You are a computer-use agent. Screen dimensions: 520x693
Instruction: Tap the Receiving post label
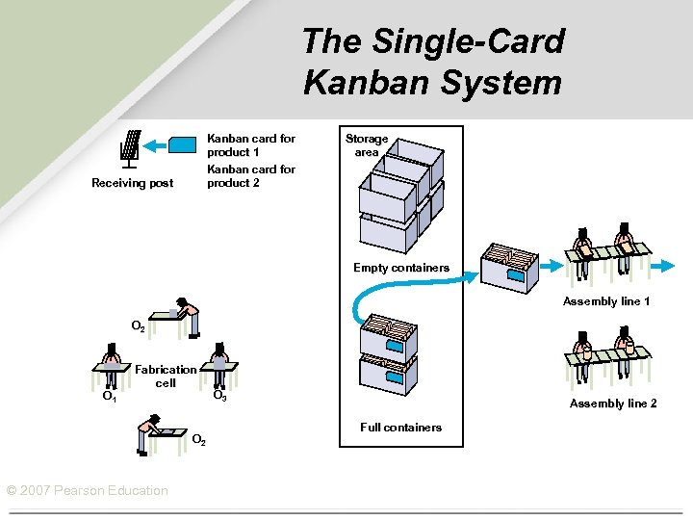tap(132, 183)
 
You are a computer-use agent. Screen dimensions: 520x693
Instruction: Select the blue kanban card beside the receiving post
tap(183, 145)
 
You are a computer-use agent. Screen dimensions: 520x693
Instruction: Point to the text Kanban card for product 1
tap(251, 145)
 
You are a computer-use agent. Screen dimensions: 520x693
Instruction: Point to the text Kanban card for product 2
tap(251, 176)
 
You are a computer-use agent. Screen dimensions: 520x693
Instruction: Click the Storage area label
tap(367, 145)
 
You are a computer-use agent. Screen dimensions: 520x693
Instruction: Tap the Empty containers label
tap(400, 268)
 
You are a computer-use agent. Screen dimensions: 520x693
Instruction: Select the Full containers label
tap(400, 427)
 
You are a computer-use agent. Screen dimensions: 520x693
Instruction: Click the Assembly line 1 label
tap(606, 301)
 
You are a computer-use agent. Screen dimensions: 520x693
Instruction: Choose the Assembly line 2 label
tap(613, 403)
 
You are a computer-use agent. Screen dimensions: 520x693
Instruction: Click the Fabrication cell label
tap(166, 376)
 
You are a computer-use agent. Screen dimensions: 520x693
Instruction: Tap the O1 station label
tap(110, 396)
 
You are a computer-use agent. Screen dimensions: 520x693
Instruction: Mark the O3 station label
tap(219, 396)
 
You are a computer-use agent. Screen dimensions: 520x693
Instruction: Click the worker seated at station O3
tap(221, 358)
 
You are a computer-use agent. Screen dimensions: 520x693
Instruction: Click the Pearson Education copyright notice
tap(87, 490)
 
